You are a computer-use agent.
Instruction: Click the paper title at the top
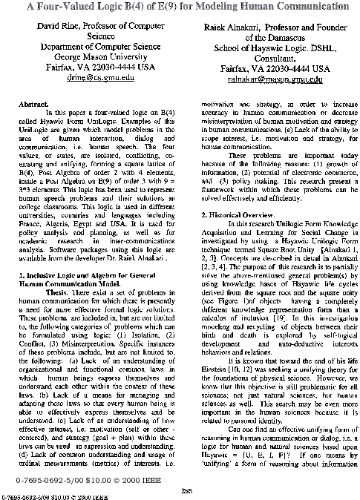click(x=180, y=5)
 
